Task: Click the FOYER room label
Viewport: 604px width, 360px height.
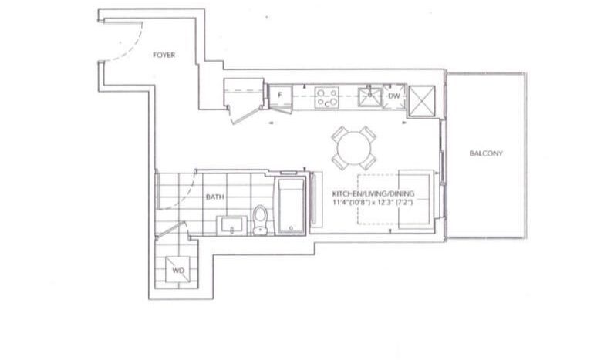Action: pos(164,55)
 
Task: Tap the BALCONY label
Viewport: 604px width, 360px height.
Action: pos(486,153)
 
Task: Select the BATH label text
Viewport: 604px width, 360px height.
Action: pos(215,197)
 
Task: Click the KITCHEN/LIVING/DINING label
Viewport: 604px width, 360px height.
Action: pos(373,193)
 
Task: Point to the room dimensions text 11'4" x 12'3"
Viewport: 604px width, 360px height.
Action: pos(373,202)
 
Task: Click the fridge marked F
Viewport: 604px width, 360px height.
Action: pos(280,96)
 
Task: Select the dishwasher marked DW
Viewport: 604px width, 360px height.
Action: pos(394,96)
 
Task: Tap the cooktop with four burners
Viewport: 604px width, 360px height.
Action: pos(326,98)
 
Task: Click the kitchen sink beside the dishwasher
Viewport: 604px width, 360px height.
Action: pos(369,97)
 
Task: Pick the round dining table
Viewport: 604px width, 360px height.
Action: pos(354,148)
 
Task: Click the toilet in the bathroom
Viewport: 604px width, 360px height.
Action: pos(261,220)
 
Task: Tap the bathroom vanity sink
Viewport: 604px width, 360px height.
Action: pos(231,226)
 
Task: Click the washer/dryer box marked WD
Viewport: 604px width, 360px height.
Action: pos(178,270)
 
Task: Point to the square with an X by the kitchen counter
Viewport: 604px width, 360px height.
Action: pos(422,101)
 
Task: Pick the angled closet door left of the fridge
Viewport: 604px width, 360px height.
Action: pos(245,116)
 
